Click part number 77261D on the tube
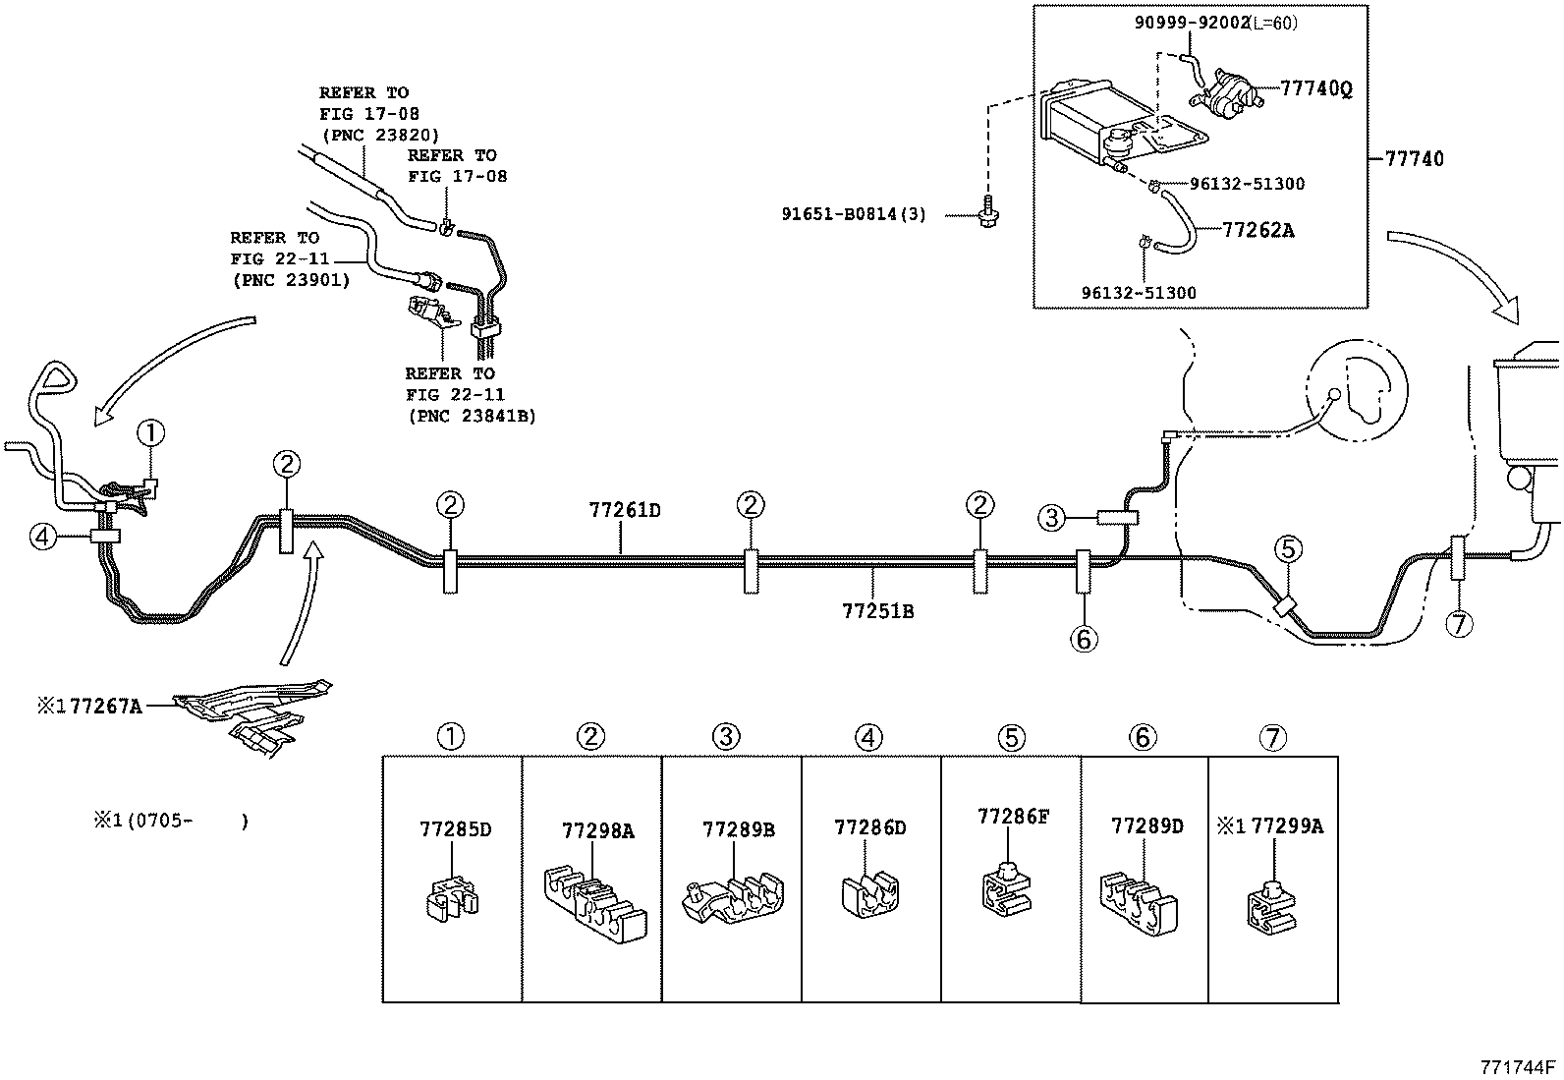coord(624,510)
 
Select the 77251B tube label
coord(877,611)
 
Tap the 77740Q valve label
coord(1315,88)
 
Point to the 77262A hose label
coord(1257,230)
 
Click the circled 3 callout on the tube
coord(1052,517)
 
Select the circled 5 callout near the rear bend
coord(1288,549)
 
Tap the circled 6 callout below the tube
coord(1083,639)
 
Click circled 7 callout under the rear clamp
coord(1460,623)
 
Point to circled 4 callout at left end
coord(41,537)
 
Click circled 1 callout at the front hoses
coord(150,431)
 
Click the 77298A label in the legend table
coord(597,831)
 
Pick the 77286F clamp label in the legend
coord(1013,816)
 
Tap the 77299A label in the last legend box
coord(1287,825)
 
